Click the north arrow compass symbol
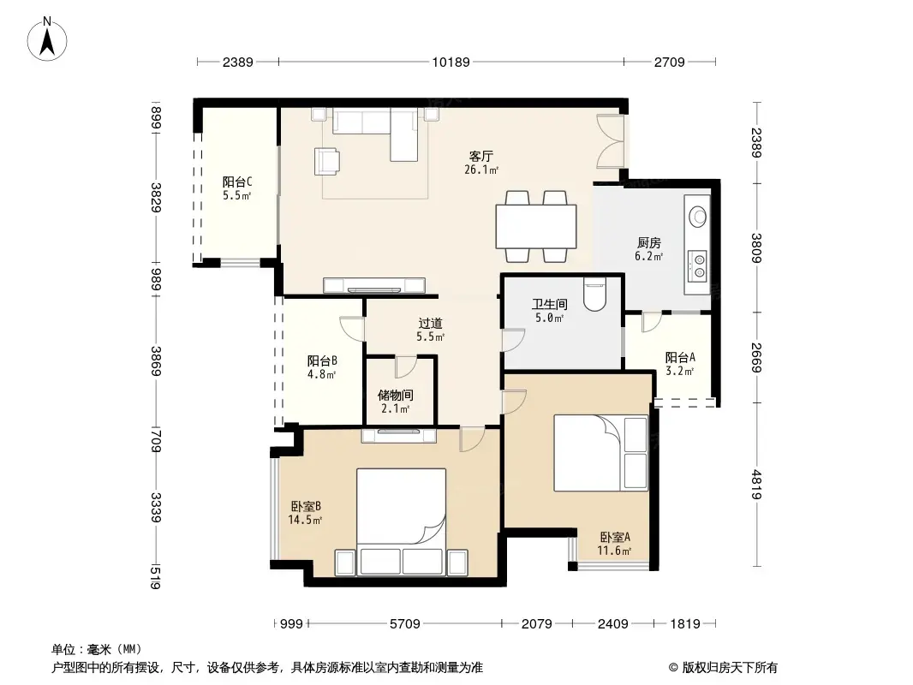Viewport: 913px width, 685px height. click(46, 39)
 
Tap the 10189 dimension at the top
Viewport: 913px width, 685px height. click(451, 62)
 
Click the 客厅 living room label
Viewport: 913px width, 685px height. click(481, 157)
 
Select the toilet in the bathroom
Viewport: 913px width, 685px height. click(594, 294)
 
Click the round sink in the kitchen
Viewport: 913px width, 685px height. click(697, 216)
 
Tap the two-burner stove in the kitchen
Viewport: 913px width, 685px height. click(697, 265)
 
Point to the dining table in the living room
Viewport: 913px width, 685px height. click(536, 226)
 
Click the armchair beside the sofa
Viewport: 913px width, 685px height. click(326, 161)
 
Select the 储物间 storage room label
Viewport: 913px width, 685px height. click(396, 396)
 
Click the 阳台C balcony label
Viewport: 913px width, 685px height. click(237, 182)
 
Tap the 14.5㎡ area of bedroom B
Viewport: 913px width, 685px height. click(305, 520)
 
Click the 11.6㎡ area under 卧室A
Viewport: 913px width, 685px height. click(614, 551)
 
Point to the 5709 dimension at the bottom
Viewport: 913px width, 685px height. click(404, 624)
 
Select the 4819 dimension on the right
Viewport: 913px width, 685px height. click(755, 485)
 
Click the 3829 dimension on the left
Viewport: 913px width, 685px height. click(156, 197)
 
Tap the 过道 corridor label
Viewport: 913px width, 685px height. click(430, 323)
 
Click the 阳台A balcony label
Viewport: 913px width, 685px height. click(680, 357)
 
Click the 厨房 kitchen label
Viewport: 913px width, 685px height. click(648, 242)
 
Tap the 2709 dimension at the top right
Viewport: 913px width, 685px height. click(670, 62)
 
